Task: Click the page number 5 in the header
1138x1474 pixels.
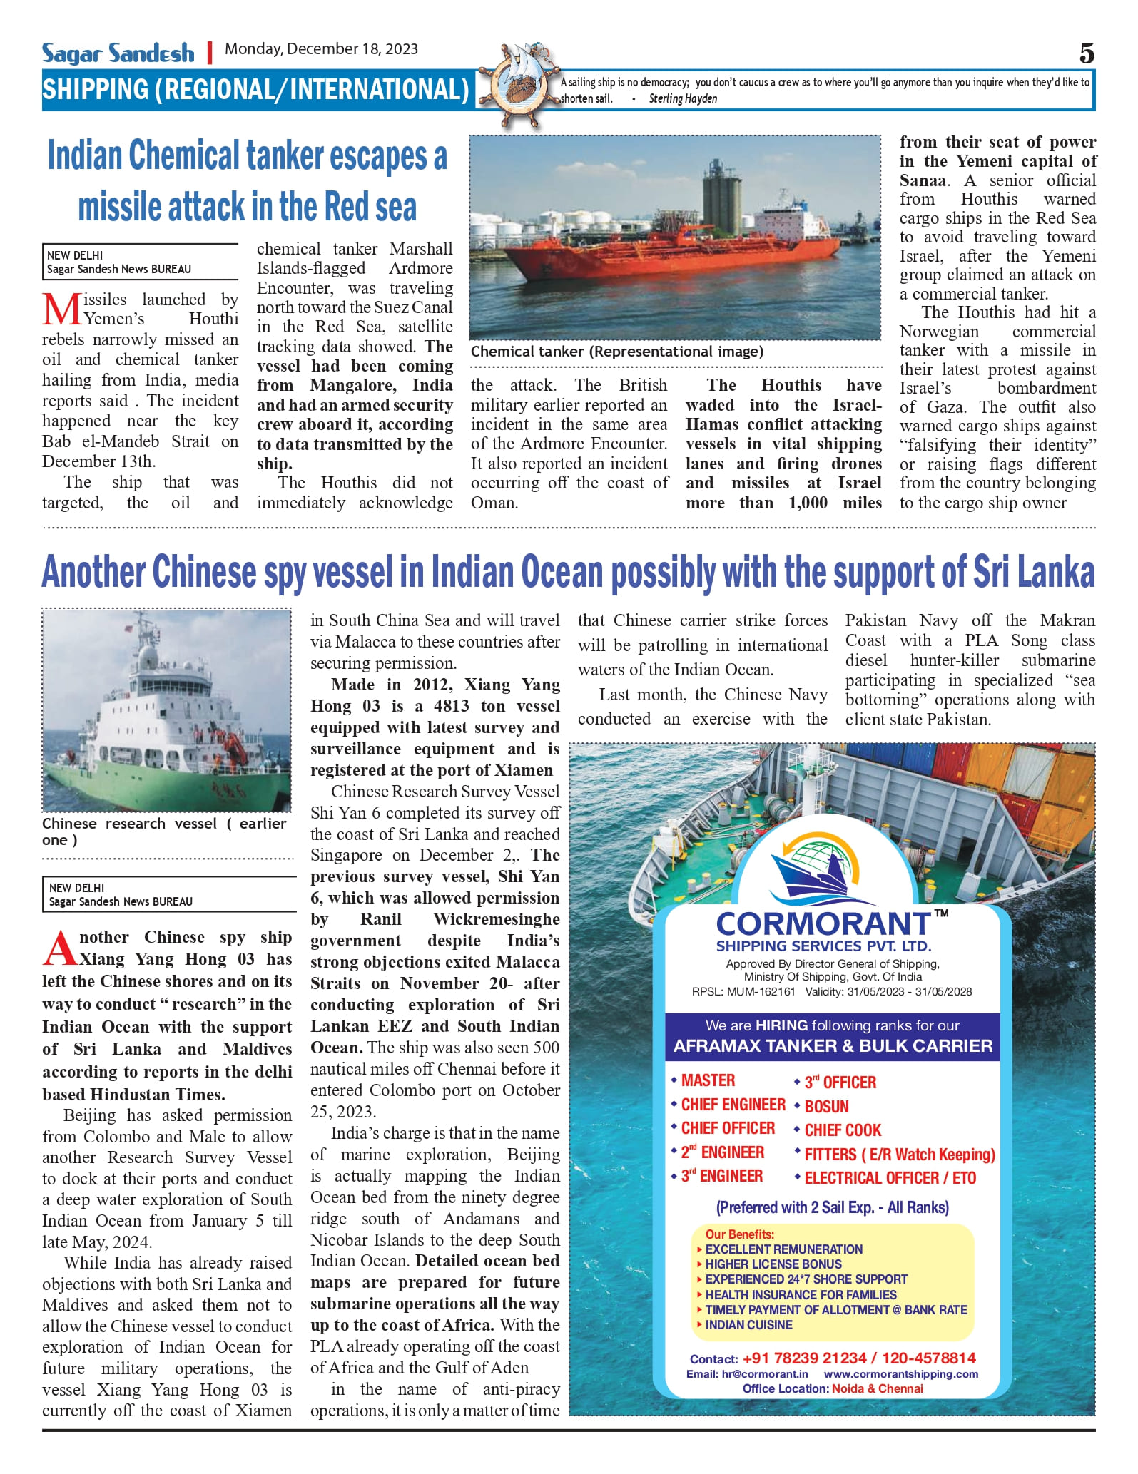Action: click(x=1086, y=53)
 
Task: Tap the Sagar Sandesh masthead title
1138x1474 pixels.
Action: click(x=118, y=53)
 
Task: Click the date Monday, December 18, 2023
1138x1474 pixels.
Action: click(x=321, y=49)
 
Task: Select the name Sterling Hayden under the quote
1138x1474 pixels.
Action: click(x=683, y=99)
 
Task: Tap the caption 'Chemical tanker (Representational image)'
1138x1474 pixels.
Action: click(x=616, y=352)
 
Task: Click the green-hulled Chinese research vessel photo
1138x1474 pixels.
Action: click(x=166, y=710)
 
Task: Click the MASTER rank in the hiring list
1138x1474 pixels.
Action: click(x=707, y=1080)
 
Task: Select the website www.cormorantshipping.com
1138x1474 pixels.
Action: click(x=900, y=1373)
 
